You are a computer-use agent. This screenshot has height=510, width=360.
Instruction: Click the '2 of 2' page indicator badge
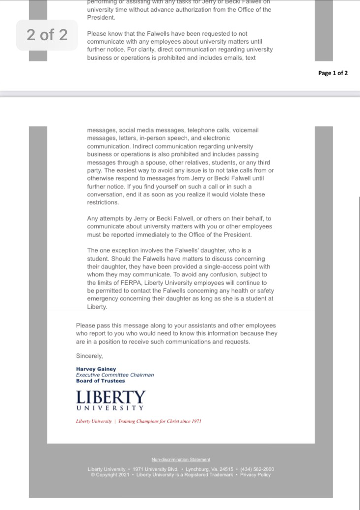[x=47, y=35]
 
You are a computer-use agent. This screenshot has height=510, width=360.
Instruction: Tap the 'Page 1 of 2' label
[x=333, y=73]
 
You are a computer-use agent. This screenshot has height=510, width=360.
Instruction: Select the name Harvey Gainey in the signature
[x=96, y=369]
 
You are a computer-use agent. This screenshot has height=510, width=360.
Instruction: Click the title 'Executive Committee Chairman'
[x=114, y=375]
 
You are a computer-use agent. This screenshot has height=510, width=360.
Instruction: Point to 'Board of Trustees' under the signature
[x=100, y=380]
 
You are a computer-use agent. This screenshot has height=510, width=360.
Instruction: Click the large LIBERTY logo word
[x=111, y=397]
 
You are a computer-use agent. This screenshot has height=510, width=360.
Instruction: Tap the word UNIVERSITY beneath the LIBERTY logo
[x=111, y=408]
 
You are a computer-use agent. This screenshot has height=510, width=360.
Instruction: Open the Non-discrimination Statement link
[x=181, y=459]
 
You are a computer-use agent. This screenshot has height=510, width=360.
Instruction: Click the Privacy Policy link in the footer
[x=255, y=475]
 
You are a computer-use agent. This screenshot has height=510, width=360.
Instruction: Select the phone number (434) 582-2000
[x=257, y=469]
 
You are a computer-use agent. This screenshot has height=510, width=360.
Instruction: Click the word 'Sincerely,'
[x=89, y=355]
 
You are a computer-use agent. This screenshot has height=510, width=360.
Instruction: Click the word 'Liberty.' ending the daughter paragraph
[x=97, y=307]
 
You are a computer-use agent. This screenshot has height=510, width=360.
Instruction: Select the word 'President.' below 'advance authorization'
[x=101, y=17]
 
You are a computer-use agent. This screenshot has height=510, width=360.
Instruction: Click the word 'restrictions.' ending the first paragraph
[x=103, y=202]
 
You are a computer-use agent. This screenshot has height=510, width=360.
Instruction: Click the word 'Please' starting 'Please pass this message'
[x=84, y=325]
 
